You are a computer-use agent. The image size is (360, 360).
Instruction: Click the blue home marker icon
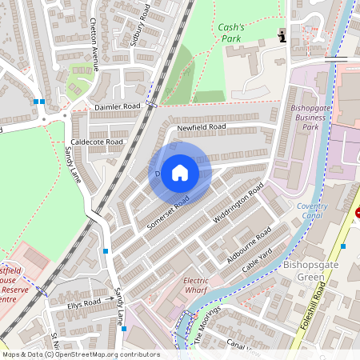click(x=180, y=172)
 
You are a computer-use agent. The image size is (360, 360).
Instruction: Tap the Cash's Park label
click(x=233, y=32)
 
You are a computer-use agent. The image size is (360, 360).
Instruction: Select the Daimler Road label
click(x=117, y=106)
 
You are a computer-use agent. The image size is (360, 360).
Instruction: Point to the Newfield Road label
click(x=202, y=127)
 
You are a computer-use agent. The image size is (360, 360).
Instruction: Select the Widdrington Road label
click(x=238, y=205)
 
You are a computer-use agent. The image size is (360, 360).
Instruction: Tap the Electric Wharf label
click(x=196, y=286)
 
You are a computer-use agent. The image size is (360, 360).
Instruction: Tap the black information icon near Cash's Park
click(x=282, y=35)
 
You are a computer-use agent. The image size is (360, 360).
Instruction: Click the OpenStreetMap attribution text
click(x=80, y=354)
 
